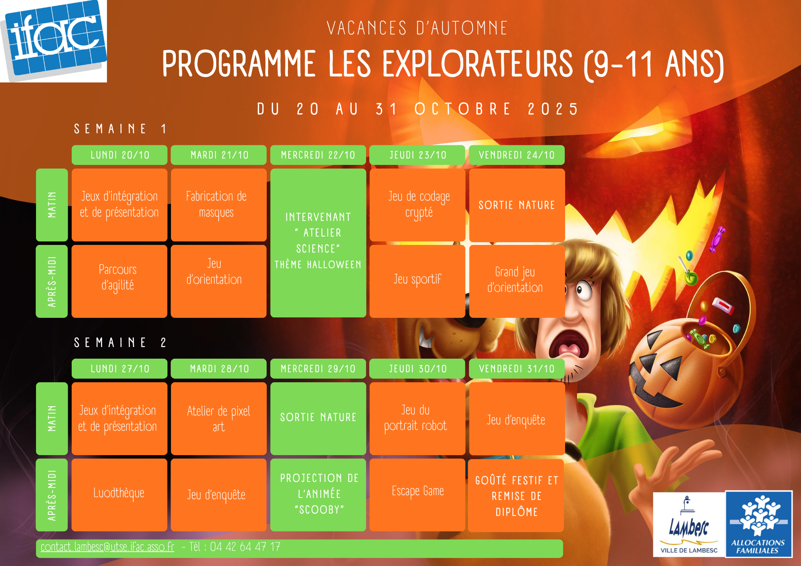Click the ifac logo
(x=53, y=41)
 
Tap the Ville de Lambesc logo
(x=689, y=524)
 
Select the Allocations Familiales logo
(x=759, y=524)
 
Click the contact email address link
(x=107, y=547)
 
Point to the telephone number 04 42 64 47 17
(x=245, y=547)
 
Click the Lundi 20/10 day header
(x=119, y=155)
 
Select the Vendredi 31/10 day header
(x=517, y=369)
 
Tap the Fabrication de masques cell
(x=219, y=205)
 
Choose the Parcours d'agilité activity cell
(x=119, y=281)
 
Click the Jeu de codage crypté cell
(x=417, y=205)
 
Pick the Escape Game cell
(x=417, y=495)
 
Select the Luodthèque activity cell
(x=119, y=495)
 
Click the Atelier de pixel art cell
(x=219, y=418)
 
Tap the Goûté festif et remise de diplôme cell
(x=516, y=496)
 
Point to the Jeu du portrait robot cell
(x=417, y=418)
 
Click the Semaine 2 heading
(x=120, y=343)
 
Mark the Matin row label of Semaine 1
(x=52, y=205)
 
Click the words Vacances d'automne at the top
(x=417, y=28)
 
